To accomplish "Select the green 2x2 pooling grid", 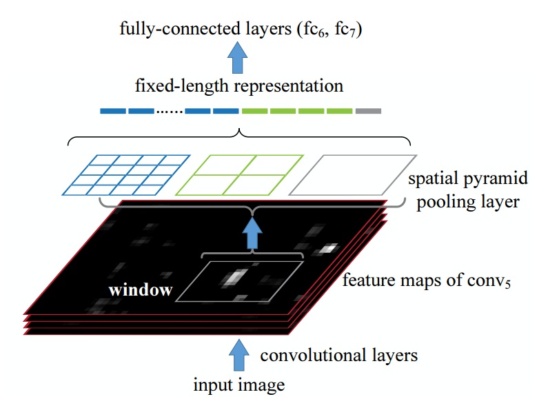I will (x=239, y=175).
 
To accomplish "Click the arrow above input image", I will (x=238, y=354).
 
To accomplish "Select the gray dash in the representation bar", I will (x=369, y=111).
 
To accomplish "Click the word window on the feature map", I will (x=140, y=290).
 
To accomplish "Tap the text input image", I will (x=238, y=385).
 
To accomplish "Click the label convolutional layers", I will (x=338, y=356).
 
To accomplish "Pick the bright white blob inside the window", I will (x=235, y=277).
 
